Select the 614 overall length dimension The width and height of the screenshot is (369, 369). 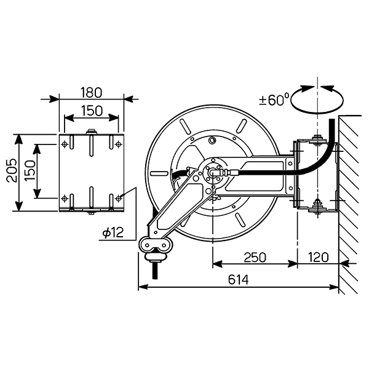(237, 280)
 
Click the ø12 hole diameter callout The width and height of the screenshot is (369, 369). (114, 232)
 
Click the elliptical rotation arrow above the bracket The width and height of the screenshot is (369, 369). (317, 98)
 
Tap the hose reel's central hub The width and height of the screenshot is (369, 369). (213, 173)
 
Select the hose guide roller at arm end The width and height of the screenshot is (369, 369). (156, 245)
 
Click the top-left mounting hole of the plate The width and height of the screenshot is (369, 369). (65, 144)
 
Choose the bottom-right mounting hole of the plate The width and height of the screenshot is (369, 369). (119, 198)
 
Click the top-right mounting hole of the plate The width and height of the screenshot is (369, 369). (119, 144)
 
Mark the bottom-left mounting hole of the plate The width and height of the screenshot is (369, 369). (65, 198)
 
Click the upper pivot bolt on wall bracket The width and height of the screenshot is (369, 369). (317, 138)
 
